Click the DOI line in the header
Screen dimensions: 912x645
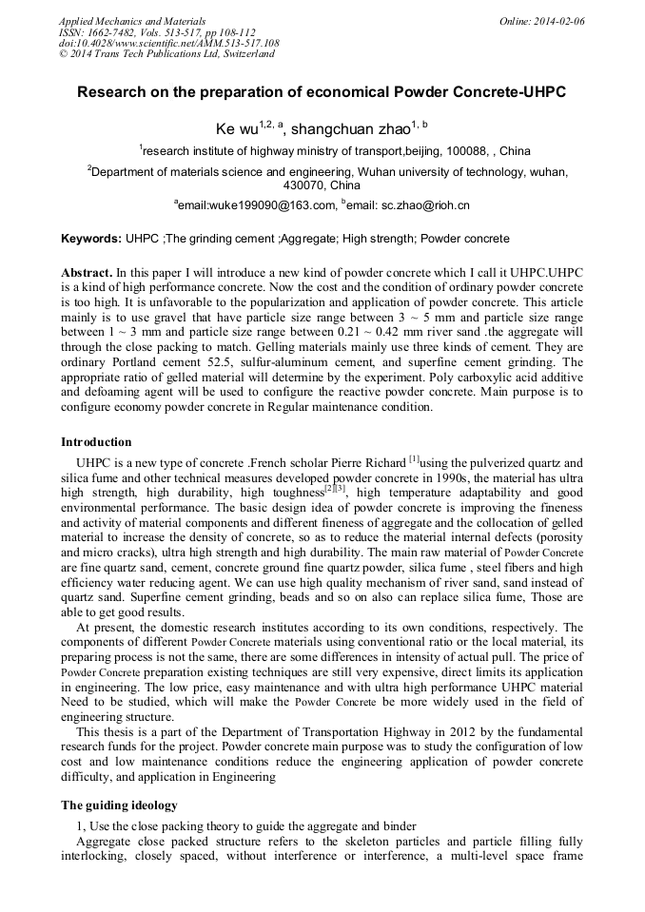tap(168, 43)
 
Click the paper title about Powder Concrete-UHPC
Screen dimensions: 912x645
tap(322, 93)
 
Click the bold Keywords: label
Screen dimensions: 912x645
tap(90, 239)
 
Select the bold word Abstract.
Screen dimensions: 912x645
tap(88, 273)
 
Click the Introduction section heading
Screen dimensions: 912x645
tap(96, 442)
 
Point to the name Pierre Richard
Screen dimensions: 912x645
tap(368, 463)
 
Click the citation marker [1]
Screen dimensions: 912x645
tap(414, 459)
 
